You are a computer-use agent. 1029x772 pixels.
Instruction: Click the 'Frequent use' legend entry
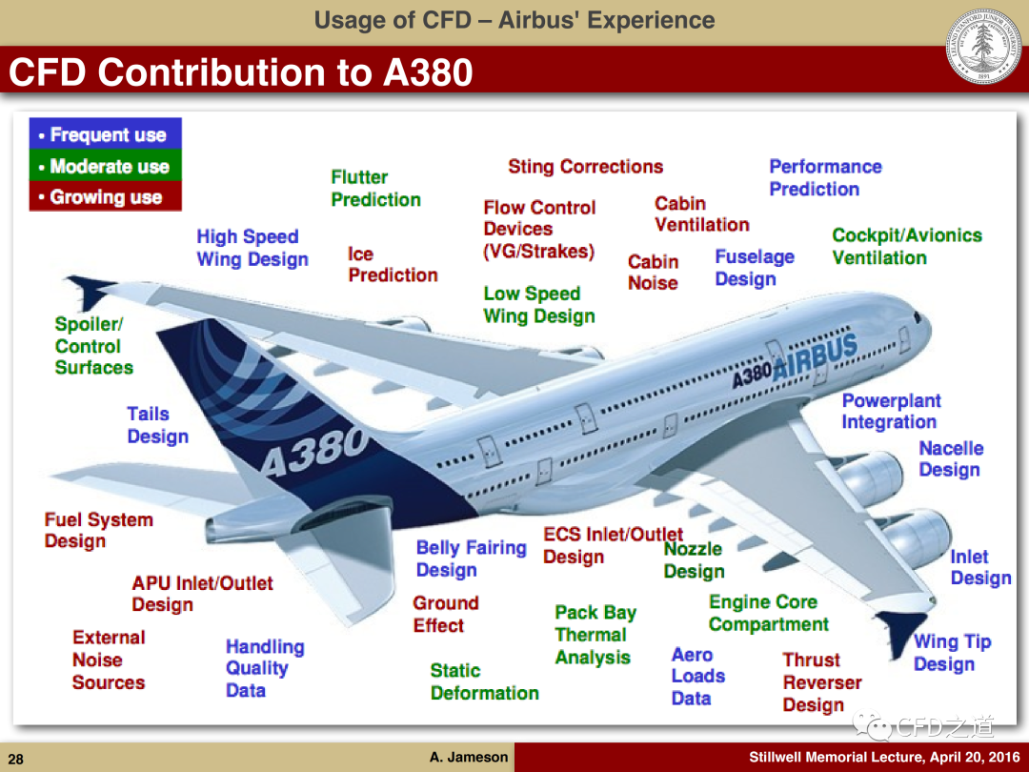click(105, 134)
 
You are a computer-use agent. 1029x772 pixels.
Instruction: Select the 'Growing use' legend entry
click(105, 197)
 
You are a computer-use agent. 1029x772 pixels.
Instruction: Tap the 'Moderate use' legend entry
click(105, 166)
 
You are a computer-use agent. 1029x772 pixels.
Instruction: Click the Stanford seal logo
click(983, 46)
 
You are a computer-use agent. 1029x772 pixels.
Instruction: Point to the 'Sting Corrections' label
click(585, 167)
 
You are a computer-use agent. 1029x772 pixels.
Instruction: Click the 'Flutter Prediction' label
click(375, 189)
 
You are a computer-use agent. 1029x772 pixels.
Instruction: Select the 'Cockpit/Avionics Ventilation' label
click(907, 246)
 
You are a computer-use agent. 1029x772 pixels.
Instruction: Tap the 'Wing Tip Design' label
click(952, 653)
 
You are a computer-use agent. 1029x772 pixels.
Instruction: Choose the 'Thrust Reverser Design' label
click(821, 682)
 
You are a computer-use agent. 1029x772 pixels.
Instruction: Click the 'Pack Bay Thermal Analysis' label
click(595, 635)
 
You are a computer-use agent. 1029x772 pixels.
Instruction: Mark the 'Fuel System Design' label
click(98, 531)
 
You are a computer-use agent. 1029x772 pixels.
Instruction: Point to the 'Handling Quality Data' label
click(265, 668)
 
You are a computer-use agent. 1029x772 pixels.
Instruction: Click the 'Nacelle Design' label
click(951, 458)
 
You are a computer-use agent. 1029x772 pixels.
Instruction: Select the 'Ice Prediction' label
click(393, 265)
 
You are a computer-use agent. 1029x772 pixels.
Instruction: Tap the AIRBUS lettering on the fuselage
click(815, 357)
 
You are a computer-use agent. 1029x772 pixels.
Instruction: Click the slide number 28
click(16, 759)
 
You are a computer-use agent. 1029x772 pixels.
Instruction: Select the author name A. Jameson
click(469, 757)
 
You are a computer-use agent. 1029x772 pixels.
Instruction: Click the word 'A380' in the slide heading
click(428, 72)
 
